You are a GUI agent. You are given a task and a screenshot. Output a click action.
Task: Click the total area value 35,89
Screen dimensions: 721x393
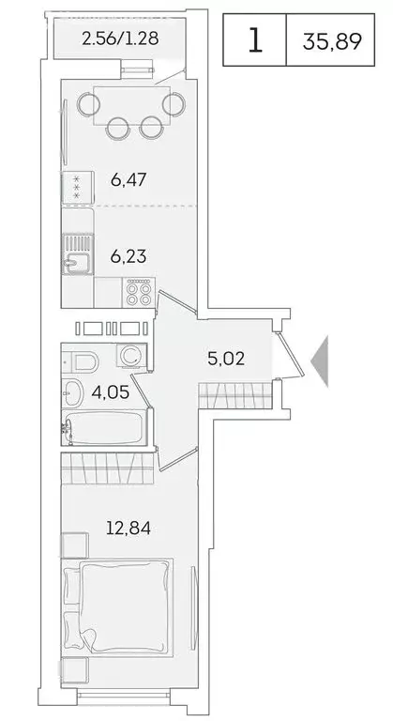[333, 41]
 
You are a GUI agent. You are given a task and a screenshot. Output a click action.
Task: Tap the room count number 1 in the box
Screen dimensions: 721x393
[254, 41]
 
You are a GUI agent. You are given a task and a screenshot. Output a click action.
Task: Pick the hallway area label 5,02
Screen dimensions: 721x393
[225, 357]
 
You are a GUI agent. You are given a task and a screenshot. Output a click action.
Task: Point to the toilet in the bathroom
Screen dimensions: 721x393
[86, 361]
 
